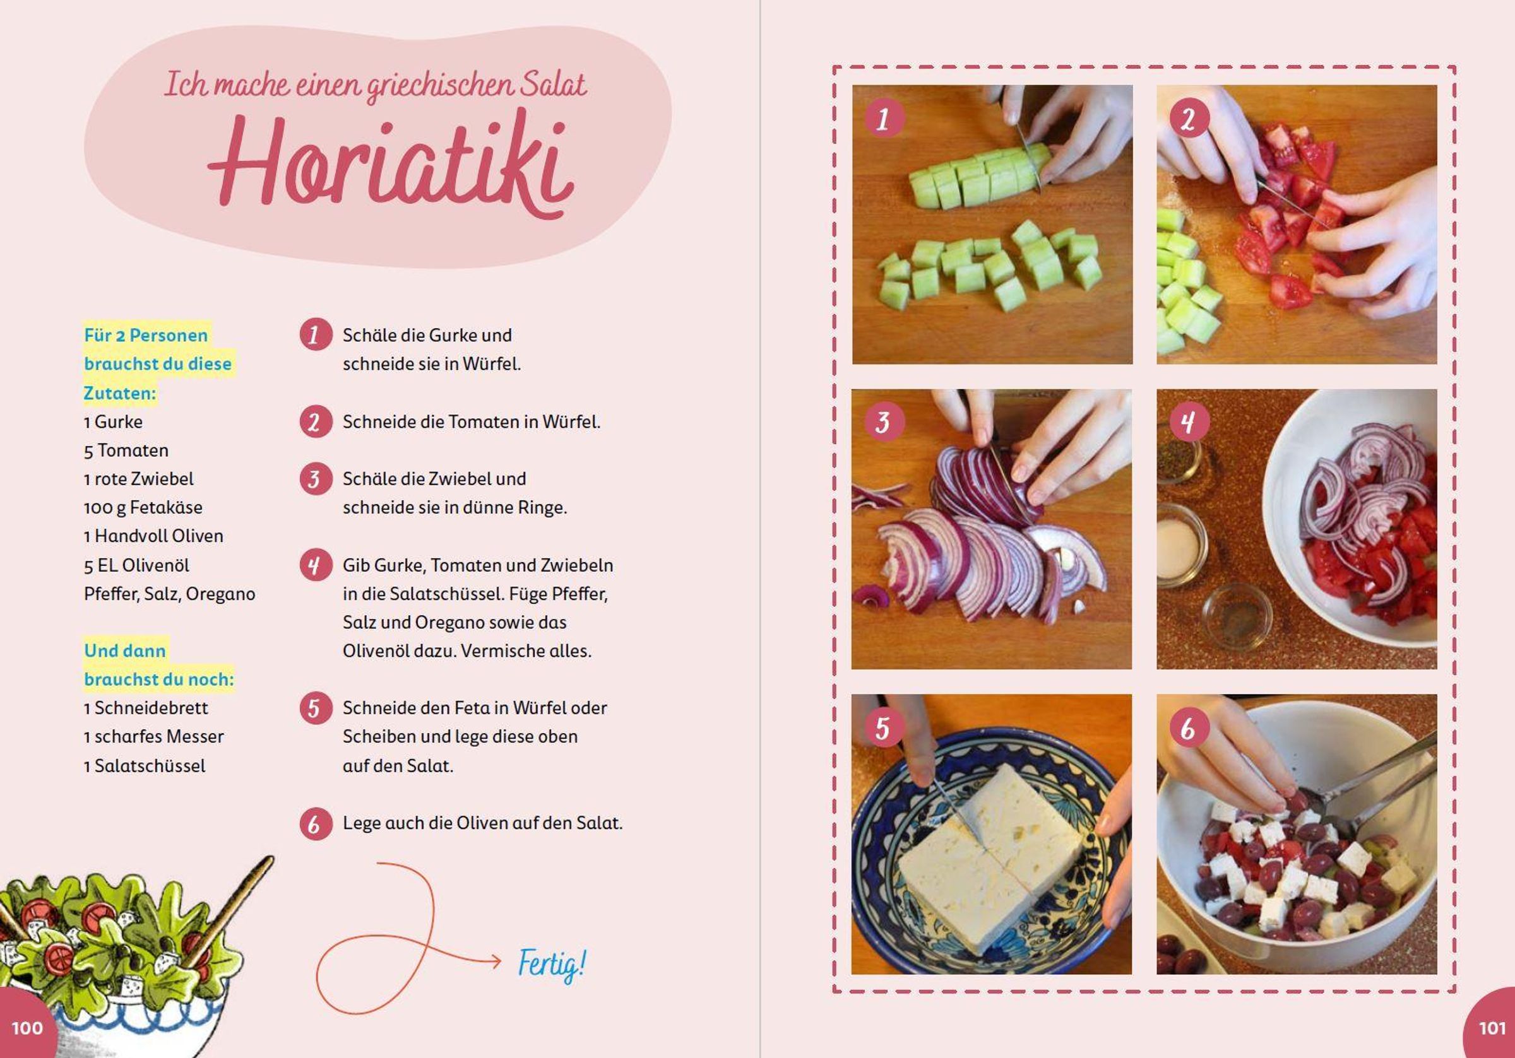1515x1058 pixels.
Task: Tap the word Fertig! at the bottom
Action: coord(552,965)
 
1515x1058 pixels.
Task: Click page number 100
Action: coord(27,1028)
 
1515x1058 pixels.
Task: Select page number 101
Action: coord(1492,1028)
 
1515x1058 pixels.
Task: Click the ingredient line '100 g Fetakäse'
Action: coord(143,507)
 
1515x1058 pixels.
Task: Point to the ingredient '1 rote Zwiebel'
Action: coord(139,479)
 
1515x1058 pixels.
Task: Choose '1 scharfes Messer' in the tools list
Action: coord(154,736)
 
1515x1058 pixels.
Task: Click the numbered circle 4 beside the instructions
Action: coord(316,565)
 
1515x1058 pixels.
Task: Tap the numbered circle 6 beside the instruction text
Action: coord(316,824)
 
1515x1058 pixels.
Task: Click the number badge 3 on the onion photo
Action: coord(883,422)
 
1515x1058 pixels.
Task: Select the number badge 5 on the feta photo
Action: coord(883,728)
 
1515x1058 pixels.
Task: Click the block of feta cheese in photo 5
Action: coord(990,857)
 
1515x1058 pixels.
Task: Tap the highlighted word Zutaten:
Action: coord(120,393)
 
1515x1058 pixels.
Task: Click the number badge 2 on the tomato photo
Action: coord(1189,119)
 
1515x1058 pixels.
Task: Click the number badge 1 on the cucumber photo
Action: coord(883,119)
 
